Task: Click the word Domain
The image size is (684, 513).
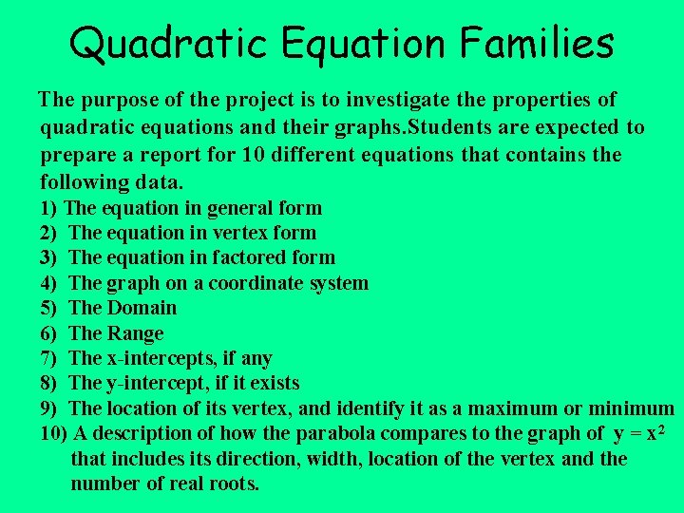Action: click(142, 308)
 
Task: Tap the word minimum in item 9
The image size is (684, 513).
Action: click(636, 408)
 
